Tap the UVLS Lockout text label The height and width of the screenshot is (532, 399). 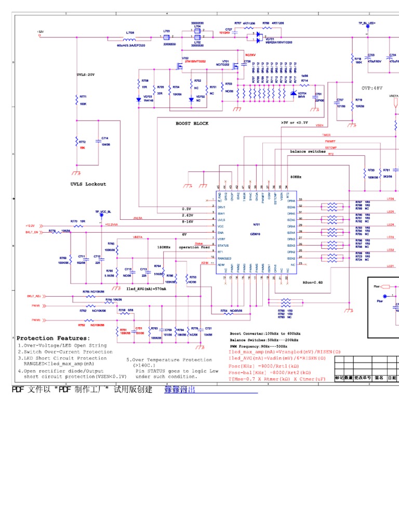point(88,184)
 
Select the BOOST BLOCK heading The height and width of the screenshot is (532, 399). point(192,124)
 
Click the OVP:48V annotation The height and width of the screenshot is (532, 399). point(373,88)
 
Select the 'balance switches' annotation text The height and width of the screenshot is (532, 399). point(308,152)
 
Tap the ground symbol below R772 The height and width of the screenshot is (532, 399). point(77,171)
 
